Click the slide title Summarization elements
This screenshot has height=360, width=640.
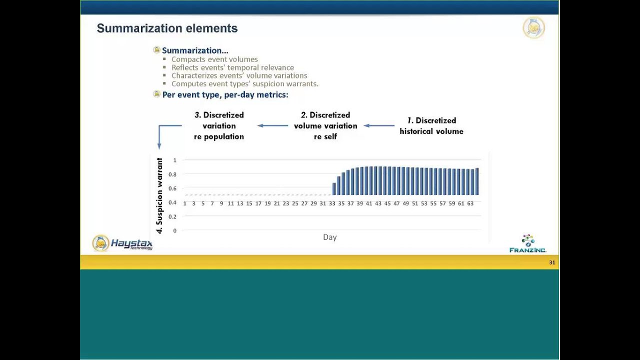click(167, 28)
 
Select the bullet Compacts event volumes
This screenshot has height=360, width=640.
click(214, 59)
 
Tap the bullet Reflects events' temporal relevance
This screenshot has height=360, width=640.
click(232, 67)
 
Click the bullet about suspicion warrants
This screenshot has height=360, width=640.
click(244, 84)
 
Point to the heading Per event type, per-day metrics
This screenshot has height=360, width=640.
click(225, 94)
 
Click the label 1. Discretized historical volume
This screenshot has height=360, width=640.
click(431, 126)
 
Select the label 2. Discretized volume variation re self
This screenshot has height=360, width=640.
click(325, 125)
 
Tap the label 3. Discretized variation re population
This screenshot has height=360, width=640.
click(219, 125)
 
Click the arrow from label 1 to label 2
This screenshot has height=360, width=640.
click(379, 125)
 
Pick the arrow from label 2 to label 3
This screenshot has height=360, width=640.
click(273, 125)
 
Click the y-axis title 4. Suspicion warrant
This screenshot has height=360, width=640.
click(159, 195)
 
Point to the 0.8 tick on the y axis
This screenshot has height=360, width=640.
click(172, 174)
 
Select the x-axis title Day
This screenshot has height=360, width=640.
click(329, 237)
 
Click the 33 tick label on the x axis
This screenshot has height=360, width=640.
click(332, 203)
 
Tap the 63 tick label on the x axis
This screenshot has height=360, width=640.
click(470, 203)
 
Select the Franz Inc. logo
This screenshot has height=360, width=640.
click(528, 244)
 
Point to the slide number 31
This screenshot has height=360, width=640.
click(552, 262)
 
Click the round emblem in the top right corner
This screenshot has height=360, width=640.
click(533, 28)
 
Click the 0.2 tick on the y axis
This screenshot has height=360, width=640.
click(172, 216)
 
